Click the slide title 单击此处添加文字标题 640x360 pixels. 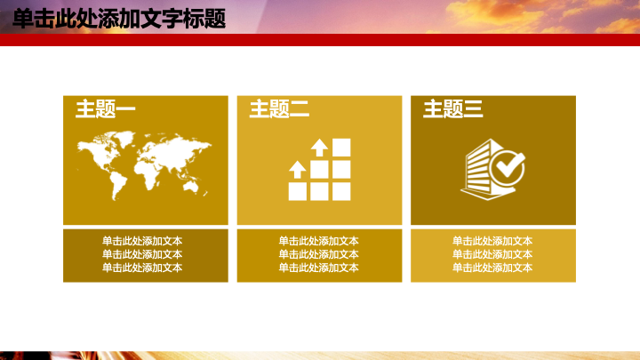119,19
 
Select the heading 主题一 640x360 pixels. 105,109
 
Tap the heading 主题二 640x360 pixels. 279,109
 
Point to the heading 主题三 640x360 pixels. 453,109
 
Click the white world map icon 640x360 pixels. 144,165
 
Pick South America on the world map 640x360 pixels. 118,185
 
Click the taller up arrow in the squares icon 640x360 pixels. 319,148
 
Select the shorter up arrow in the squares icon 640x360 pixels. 297,170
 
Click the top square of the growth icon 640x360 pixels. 341,148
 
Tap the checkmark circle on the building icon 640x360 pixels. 508,167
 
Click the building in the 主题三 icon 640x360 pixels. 481,170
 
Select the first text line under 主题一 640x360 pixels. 142,241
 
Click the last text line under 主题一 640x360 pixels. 142,268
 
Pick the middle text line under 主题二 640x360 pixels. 319,254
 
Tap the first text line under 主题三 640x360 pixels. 492,241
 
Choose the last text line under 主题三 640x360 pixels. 492,268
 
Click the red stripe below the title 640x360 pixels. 320,40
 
